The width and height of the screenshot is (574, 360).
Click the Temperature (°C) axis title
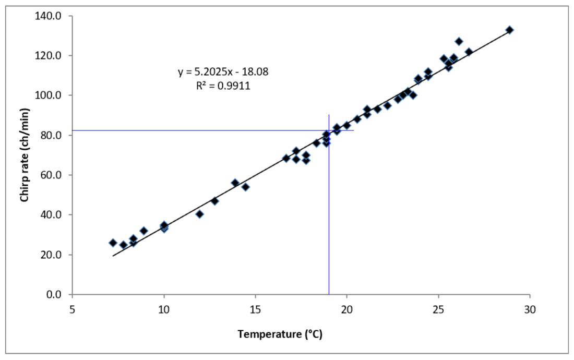280,334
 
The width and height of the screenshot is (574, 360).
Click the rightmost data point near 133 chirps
510,30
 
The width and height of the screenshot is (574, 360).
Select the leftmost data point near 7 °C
113,243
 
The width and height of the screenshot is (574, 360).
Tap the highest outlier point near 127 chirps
459,41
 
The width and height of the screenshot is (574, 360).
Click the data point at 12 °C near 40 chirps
199,214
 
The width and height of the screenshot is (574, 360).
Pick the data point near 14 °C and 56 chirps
235,183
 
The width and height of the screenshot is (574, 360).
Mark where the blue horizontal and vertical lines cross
329,130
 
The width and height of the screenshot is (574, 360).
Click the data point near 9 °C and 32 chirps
143,231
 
